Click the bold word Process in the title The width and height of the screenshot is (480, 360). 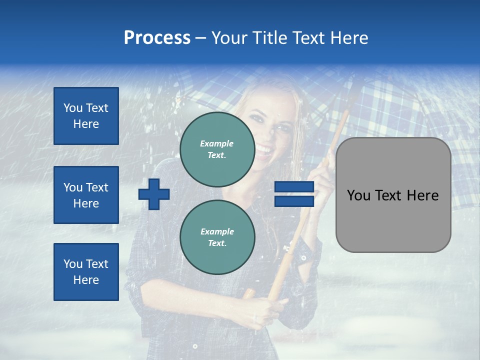pyautogui.click(x=157, y=38)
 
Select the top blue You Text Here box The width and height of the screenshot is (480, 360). pyautogui.click(x=86, y=116)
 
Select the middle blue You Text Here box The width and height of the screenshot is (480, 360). pyautogui.click(x=86, y=195)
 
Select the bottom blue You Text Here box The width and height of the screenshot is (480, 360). pyautogui.click(x=86, y=271)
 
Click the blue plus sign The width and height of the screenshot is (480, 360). pyautogui.click(x=154, y=194)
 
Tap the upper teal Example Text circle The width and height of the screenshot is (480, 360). pyautogui.click(x=217, y=149)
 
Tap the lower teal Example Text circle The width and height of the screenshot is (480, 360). pyautogui.click(x=217, y=237)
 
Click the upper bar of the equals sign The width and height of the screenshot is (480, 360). pyautogui.click(x=294, y=187)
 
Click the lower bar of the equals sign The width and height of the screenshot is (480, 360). pyautogui.click(x=294, y=201)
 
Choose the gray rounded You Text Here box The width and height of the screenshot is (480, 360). pyautogui.click(x=393, y=220)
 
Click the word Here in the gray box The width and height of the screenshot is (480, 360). pyautogui.click(x=423, y=195)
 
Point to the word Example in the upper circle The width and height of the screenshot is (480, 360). pyautogui.click(x=217, y=143)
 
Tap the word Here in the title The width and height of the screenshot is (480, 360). pyautogui.click(x=350, y=38)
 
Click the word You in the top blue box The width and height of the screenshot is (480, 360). pyautogui.click(x=72, y=108)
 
